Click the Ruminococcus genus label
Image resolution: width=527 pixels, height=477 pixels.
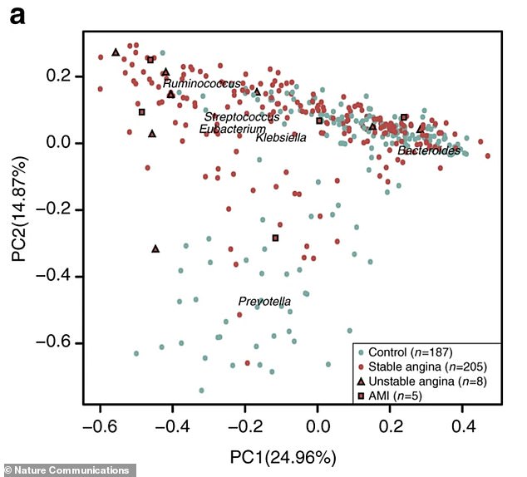point(202,84)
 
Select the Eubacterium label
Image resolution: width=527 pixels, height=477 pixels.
point(232,129)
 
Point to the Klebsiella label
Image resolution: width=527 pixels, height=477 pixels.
point(281,137)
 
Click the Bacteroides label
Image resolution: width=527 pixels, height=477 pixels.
point(428,150)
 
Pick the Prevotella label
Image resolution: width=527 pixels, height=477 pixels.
point(264,301)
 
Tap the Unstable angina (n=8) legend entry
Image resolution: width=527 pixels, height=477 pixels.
point(421,380)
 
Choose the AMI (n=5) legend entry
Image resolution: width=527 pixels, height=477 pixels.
point(396,393)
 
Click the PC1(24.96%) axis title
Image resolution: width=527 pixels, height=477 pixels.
point(283,457)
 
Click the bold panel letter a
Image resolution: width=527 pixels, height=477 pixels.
point(16,16)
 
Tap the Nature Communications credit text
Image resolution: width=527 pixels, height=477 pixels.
point(66,470)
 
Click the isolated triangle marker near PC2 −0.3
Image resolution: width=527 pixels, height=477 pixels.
point(155,248)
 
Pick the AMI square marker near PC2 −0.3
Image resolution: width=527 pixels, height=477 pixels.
point(275,238)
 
